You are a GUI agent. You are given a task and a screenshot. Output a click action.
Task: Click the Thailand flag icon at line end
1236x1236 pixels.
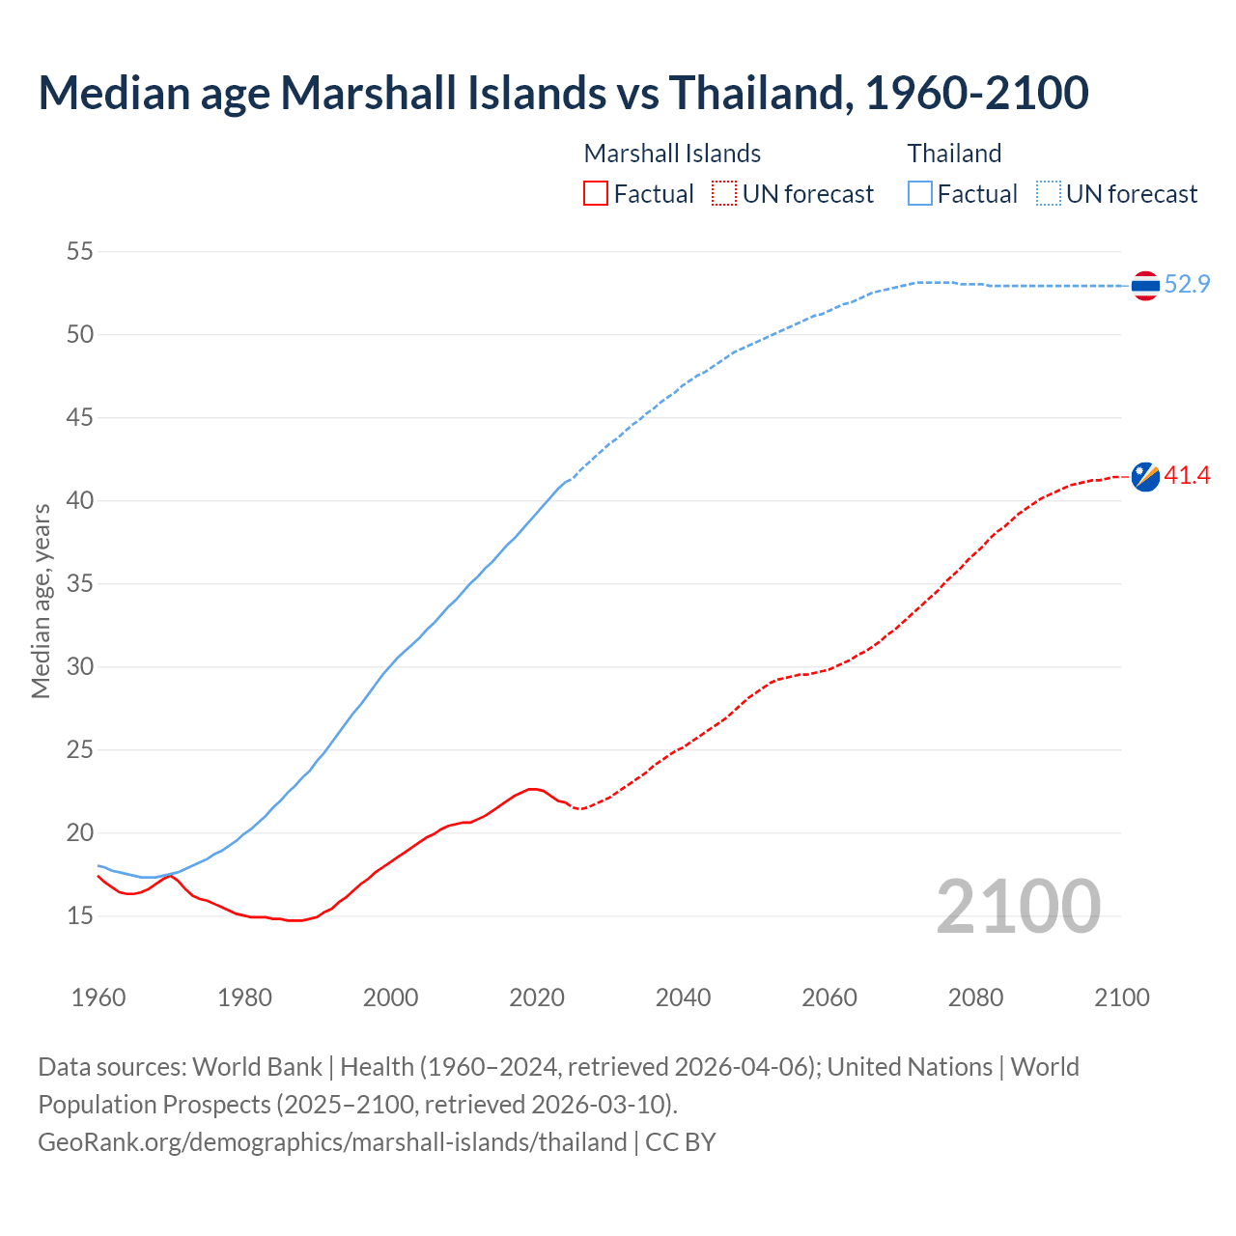point(1145,286)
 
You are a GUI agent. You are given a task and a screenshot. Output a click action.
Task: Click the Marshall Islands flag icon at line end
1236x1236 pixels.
point(1145,476)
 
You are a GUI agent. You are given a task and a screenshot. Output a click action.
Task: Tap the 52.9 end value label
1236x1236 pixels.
point(1187,284)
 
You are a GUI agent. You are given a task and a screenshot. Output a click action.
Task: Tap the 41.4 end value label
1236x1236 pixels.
point(1187,475)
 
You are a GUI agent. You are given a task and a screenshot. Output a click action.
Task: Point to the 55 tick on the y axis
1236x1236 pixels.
point(80,252)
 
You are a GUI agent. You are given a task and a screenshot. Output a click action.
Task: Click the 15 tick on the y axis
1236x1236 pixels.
point(80,915)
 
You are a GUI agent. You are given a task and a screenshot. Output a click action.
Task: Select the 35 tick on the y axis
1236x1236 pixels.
point(80,584)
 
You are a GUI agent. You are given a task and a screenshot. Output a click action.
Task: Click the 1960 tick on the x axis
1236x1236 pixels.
point(98,997)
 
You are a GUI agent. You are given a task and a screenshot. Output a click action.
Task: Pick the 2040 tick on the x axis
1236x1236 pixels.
point(683,997)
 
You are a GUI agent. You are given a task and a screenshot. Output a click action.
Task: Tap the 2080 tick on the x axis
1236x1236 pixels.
point(975,997)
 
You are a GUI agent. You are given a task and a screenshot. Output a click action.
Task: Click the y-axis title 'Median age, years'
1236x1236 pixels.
point(41,601)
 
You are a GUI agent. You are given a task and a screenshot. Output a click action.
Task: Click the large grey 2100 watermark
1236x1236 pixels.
point(1018,906)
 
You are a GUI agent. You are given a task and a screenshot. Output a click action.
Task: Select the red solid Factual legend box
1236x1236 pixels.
point(596,194)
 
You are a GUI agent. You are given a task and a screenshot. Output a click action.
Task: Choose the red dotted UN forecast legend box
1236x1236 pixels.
point(724,194)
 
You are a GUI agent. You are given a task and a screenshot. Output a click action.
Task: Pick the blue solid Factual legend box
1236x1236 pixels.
point(920,194)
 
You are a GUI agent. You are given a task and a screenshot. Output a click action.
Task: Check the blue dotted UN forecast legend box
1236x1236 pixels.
point(1049,194)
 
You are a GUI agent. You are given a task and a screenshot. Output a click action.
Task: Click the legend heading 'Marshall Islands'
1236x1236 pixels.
point(672,154)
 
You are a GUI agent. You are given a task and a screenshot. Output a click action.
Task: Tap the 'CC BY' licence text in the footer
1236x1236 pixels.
point(681,1141)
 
